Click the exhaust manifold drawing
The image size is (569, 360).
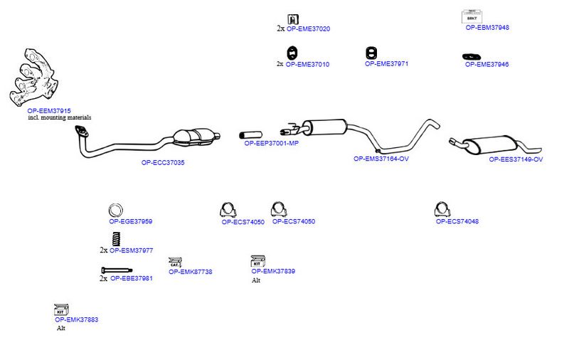click(33, 78)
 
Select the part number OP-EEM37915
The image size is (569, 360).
click(49, 111)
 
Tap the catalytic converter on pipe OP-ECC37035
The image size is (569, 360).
click(194, 137)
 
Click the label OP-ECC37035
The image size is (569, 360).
click(163, 163)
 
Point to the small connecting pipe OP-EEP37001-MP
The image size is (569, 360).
click(251, 135)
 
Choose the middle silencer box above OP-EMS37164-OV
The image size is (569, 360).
click(325, 127)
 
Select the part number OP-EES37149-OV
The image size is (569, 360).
click(516, 159)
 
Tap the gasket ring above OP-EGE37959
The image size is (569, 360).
click(115, 210)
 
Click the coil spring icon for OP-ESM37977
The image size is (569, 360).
click(116, 239)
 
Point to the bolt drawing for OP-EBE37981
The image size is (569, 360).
click(117, 270)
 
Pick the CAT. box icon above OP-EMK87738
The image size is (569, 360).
click(175, 263)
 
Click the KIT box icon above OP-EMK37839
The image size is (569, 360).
click(257, 261)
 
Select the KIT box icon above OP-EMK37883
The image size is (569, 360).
click(61, 310)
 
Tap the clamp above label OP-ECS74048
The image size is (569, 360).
click(442, 210)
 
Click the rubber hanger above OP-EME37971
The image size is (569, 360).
click(371, 53)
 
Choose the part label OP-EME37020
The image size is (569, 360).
click(309, 28)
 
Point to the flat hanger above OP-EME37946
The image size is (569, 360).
click(472, 56)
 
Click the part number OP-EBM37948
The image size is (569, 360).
click(487, 27)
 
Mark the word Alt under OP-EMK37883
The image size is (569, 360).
click(61, 328)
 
